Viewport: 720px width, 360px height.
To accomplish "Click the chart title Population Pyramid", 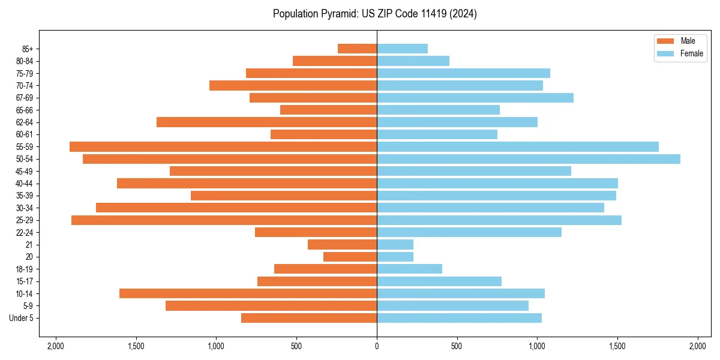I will (x=374, y=14).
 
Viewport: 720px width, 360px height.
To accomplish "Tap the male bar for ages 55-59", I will (x=223, y=146).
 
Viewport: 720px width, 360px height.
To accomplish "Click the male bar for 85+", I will (x=357, y=49).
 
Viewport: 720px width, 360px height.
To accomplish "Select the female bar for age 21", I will (x=395, y=244).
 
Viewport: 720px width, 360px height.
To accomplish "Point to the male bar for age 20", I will (x=350, y=257).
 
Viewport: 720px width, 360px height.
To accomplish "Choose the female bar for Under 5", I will (x=459, y=318).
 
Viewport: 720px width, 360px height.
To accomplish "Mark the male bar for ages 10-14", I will (x=248, y=293).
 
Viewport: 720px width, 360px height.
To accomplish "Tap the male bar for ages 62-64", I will (x=266, y=122).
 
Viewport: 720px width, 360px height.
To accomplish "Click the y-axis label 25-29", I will (x=25, y=220).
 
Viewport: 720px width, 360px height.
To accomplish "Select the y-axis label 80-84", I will (x=25, y=61).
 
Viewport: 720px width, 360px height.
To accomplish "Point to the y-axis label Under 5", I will (x=22, y=318).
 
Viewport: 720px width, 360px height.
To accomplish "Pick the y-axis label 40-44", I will (x=25, y=184).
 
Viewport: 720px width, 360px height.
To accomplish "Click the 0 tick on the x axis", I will (x=377, y=346).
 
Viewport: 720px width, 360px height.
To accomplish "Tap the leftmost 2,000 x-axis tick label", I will (x=56, y=346).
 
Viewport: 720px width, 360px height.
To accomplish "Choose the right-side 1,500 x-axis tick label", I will (x=617, y=346).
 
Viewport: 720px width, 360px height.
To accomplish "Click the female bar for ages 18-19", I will (x=409, y=269).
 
